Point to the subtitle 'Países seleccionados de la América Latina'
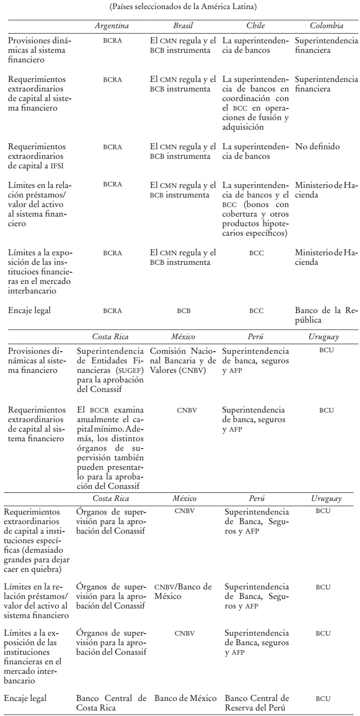(179, 7)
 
